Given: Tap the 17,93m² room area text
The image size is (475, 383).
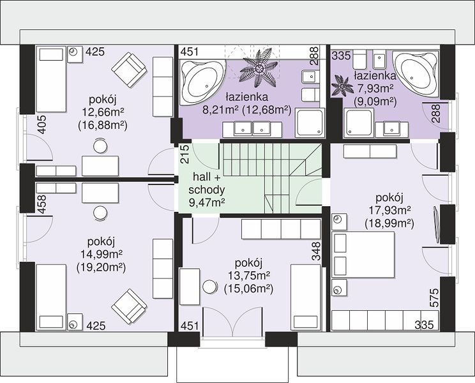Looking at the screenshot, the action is [389, 210].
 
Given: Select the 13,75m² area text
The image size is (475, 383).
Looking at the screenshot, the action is [249, 276].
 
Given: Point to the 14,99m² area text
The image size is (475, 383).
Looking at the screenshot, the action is [102, 254].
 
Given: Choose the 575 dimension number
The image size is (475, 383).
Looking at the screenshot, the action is [434, 297].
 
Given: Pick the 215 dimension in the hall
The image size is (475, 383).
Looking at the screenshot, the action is [185, 154].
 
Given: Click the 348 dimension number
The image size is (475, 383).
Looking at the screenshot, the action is [316, 252].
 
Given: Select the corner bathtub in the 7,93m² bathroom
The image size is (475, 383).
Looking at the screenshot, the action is [416, 74].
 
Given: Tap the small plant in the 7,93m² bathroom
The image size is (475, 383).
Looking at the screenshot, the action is [342, 86].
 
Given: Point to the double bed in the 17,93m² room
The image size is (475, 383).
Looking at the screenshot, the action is [363, 255].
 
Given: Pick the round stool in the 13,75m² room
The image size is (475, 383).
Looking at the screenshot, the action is [209, 286].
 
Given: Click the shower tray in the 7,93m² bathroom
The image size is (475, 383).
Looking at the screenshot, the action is [359, 123].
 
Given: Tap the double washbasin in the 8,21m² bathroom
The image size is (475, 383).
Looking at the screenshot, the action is [252, 130].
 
